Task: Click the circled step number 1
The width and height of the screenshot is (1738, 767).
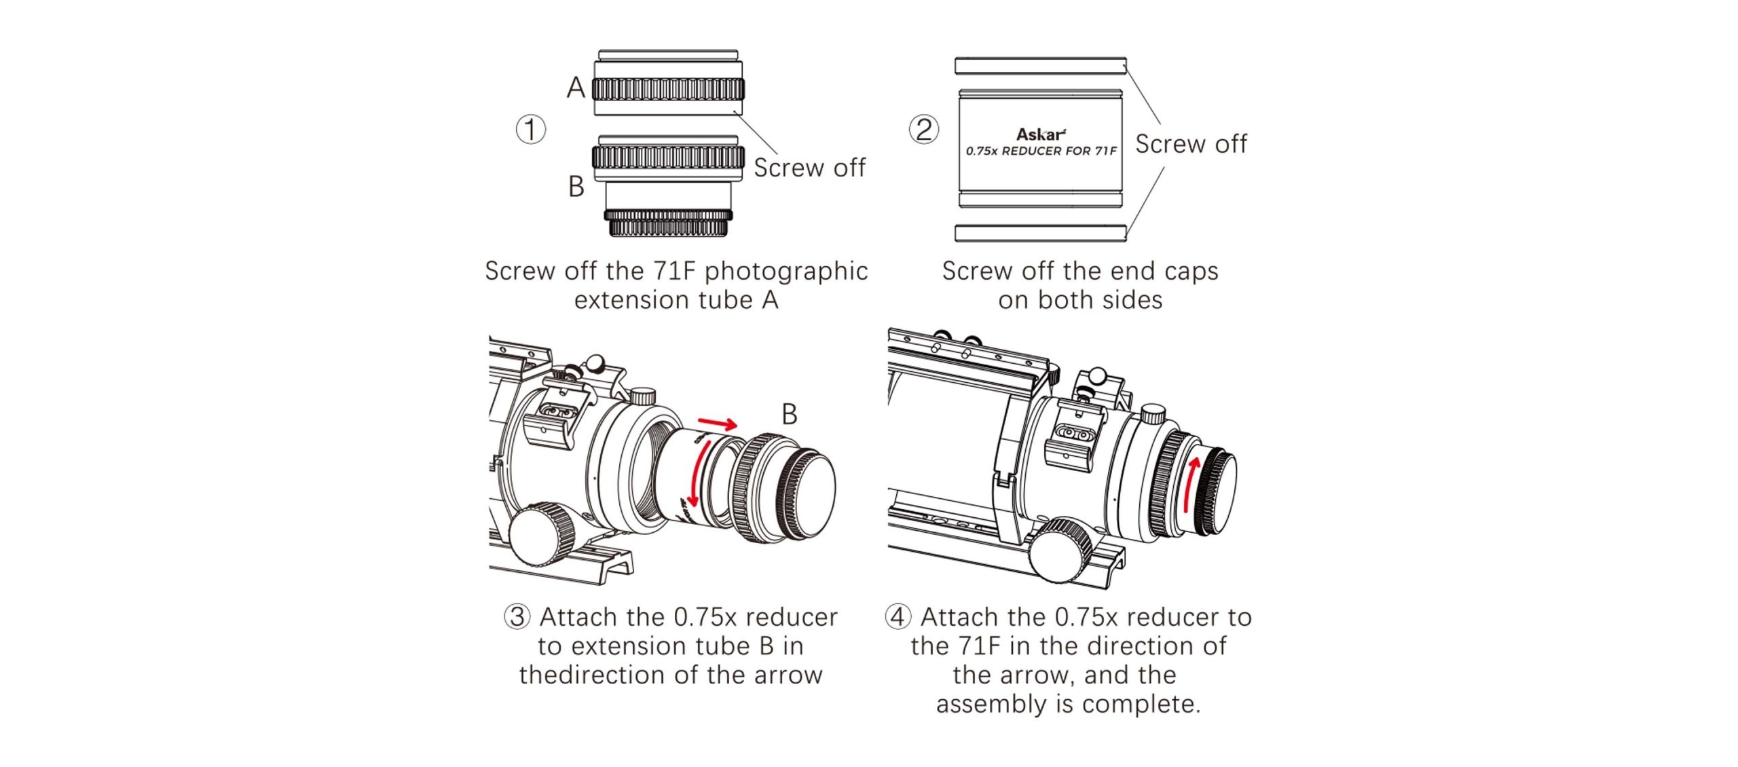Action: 531,129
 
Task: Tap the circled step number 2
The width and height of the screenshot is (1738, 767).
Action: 924,129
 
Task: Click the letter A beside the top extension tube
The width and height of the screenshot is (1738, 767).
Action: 576,88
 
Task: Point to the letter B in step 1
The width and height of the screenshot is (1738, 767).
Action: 576,187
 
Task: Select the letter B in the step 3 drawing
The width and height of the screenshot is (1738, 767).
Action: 789,414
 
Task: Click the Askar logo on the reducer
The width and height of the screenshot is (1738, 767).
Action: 1041,134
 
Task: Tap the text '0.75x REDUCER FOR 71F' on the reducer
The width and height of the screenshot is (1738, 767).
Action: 1041,151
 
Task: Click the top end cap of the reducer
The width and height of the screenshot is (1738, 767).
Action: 1040,65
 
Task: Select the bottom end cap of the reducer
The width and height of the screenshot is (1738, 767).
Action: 1040,233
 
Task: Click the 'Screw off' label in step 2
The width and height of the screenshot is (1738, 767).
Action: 1191,144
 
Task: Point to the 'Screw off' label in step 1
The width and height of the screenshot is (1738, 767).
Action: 809,168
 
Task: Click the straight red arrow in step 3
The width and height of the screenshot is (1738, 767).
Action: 718,424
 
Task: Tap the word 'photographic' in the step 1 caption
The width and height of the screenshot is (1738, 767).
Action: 785,271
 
